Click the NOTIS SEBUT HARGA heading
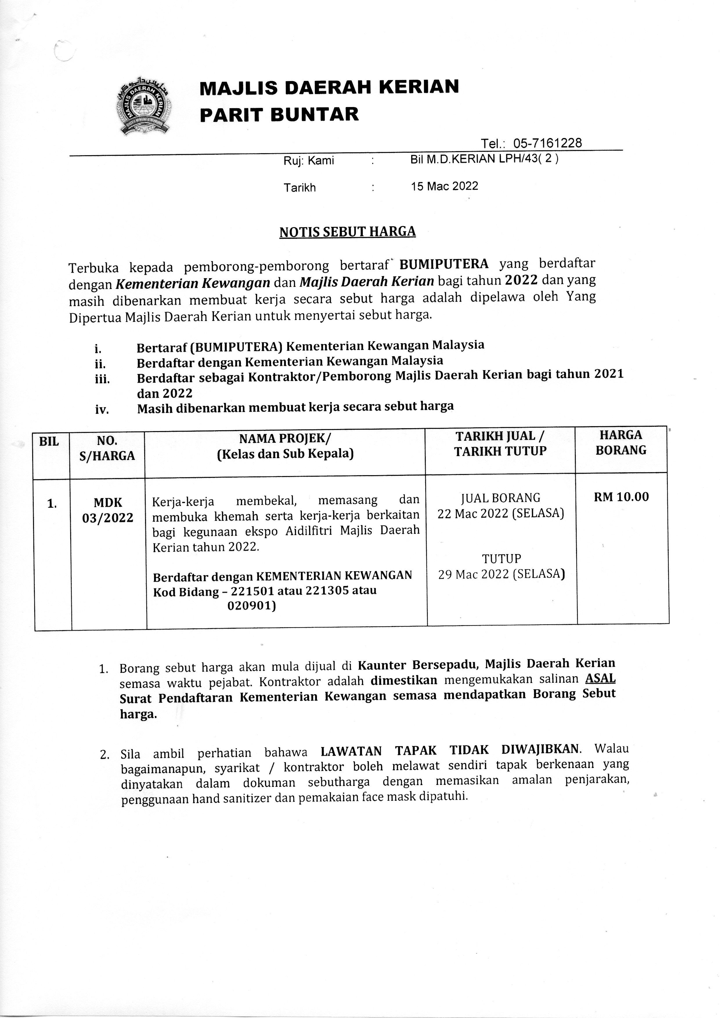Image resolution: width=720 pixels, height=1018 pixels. (x=347, y=232)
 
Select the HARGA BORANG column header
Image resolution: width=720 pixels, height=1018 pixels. (x=621, y=442)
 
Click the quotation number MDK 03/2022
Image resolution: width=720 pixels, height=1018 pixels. (x=108, y=510)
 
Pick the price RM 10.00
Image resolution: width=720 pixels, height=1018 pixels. (x=621, y=497)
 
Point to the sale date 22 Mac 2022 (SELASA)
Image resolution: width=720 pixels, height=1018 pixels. (x=500, y=513)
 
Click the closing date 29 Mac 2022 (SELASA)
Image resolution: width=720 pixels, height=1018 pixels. (x=501, y=574)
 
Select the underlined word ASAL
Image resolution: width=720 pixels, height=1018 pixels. (x=600, y=679)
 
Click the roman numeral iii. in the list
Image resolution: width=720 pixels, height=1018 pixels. (x=102, y=379)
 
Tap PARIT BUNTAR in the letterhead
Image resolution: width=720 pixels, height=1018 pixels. (x=279, y=114)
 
